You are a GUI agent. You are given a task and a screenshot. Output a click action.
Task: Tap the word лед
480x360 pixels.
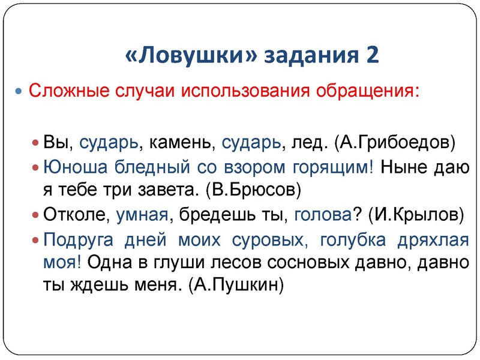pyautogui.click(x=310, y=143)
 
